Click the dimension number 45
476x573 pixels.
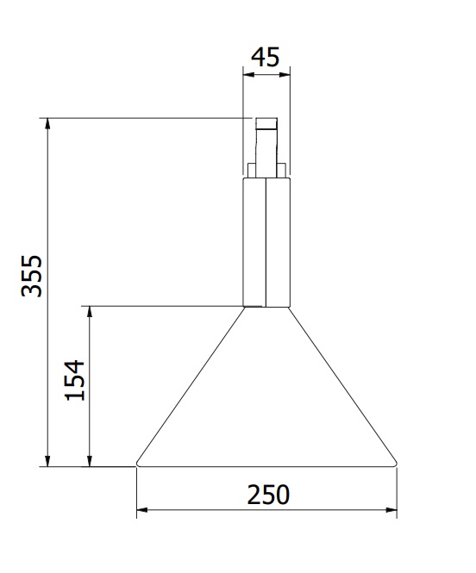click(x=266, y=57)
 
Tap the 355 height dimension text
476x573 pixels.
click(x=32, y=276)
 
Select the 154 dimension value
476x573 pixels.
click(x=74, y=380)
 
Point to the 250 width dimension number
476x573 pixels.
click(x=268, y=495)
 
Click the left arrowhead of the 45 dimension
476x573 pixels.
click(x=248, y=75)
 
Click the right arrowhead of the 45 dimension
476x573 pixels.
click(x=285, y=75)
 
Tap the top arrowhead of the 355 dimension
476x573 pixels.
click(x=47, y=124)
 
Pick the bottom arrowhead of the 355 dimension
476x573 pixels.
click(x=47, y=461)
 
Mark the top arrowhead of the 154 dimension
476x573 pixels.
click(x=90, y=312)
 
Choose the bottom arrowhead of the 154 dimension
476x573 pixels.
click(x=90, y=461)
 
